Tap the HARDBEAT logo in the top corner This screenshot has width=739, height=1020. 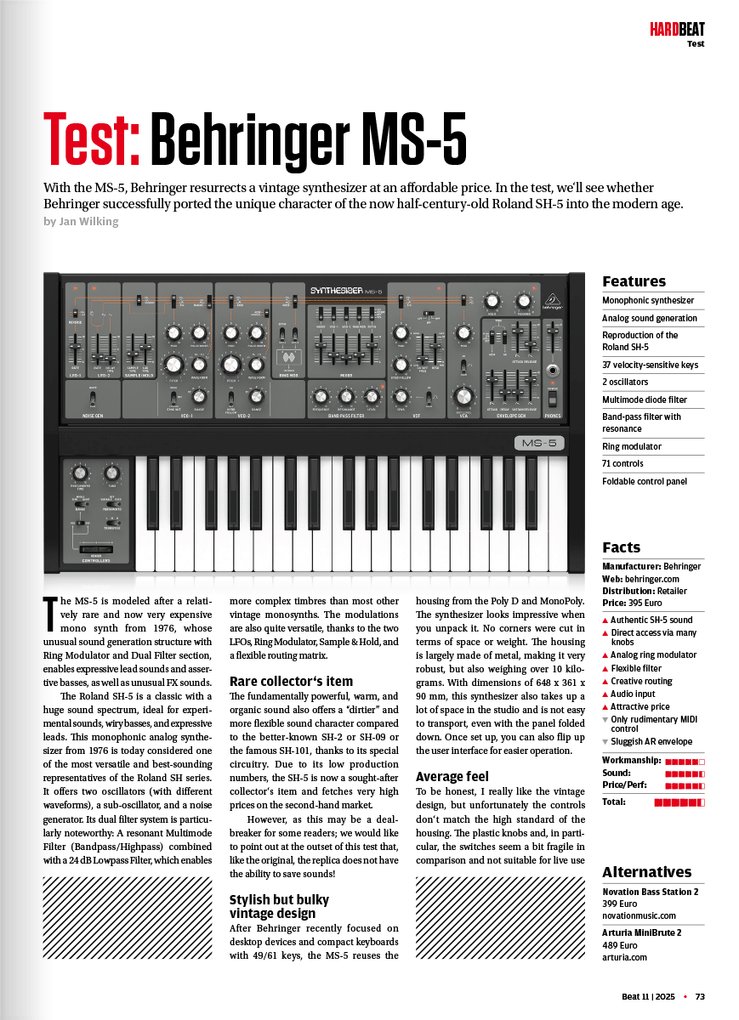677,31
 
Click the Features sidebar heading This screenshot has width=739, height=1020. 634,281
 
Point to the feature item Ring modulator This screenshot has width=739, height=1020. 631,446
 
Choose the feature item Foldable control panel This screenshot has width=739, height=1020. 644,481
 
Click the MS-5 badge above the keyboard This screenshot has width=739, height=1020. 539,443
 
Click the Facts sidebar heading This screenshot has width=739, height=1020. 621,547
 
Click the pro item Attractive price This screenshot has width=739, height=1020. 640,706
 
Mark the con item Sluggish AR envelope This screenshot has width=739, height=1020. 651,741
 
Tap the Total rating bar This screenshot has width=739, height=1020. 679,802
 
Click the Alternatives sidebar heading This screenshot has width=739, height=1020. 646,872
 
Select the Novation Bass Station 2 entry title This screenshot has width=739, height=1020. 650,892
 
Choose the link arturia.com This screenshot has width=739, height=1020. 624,957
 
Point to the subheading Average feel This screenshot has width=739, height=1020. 452,776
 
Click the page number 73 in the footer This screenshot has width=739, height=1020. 700,996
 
